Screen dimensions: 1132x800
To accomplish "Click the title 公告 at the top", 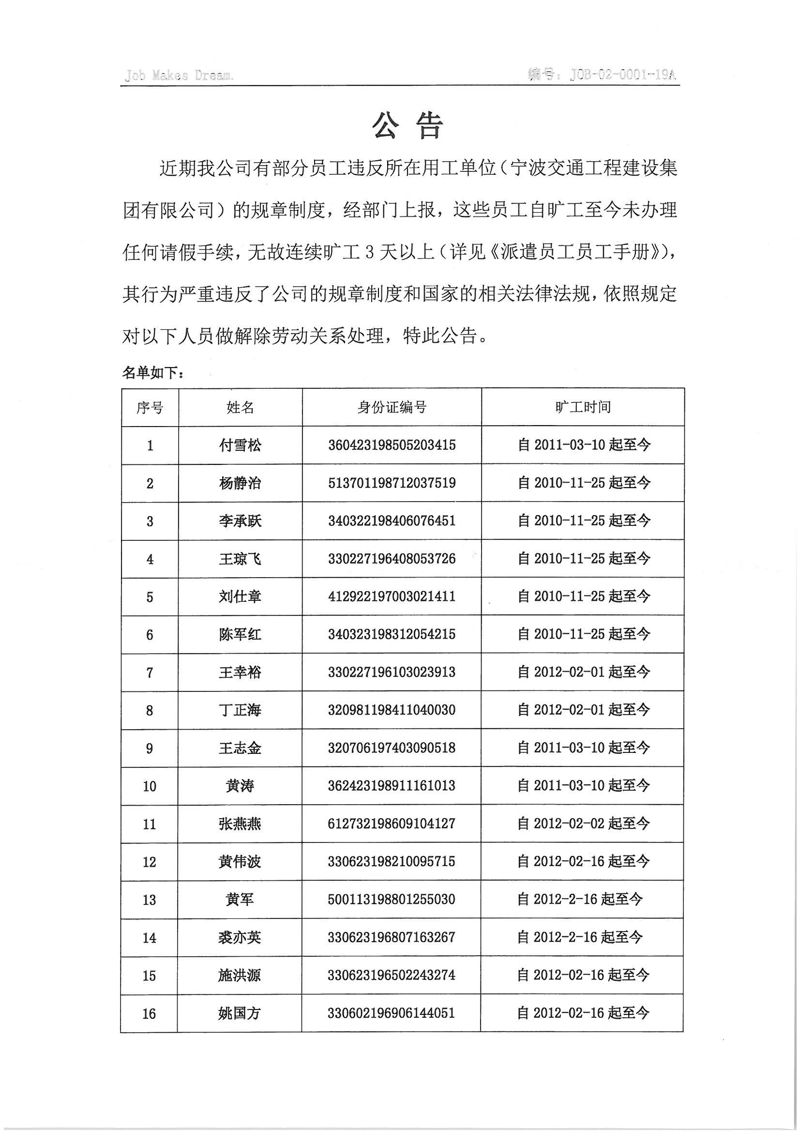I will click(408, 126).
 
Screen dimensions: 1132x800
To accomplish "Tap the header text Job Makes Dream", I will click(179, 76).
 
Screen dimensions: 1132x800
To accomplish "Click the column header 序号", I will click(150, 408).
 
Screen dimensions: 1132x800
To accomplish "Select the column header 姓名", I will click(240, 408).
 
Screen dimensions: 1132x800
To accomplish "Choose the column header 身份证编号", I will click(392, 407).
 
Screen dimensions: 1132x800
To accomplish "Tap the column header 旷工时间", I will click(583, 407).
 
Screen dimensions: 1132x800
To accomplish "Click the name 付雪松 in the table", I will click(240, 445).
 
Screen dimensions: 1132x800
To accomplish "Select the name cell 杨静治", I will click(240, 483).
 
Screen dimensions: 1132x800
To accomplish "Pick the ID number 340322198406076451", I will click(392, 520).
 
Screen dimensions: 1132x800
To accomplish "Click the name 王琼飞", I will click(240, 559).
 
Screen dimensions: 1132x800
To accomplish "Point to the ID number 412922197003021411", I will click(392, 597).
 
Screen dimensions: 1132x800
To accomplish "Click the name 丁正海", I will click(240, 710).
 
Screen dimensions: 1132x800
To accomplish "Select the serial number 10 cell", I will click(150, 786).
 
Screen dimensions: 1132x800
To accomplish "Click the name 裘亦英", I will click(240, 937).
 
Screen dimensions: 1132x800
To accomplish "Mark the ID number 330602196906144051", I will click(392, 1013).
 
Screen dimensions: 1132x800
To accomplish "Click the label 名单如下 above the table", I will click(153, 373).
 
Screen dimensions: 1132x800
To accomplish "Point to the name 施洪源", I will click(240, 975).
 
